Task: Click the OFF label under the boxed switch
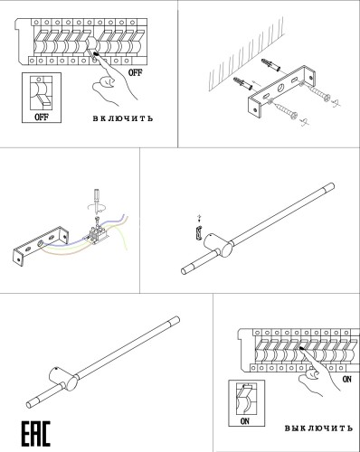[42, 117]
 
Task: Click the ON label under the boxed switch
[243, 420]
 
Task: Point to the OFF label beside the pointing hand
[135, 71]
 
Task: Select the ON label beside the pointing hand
[346, 380]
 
